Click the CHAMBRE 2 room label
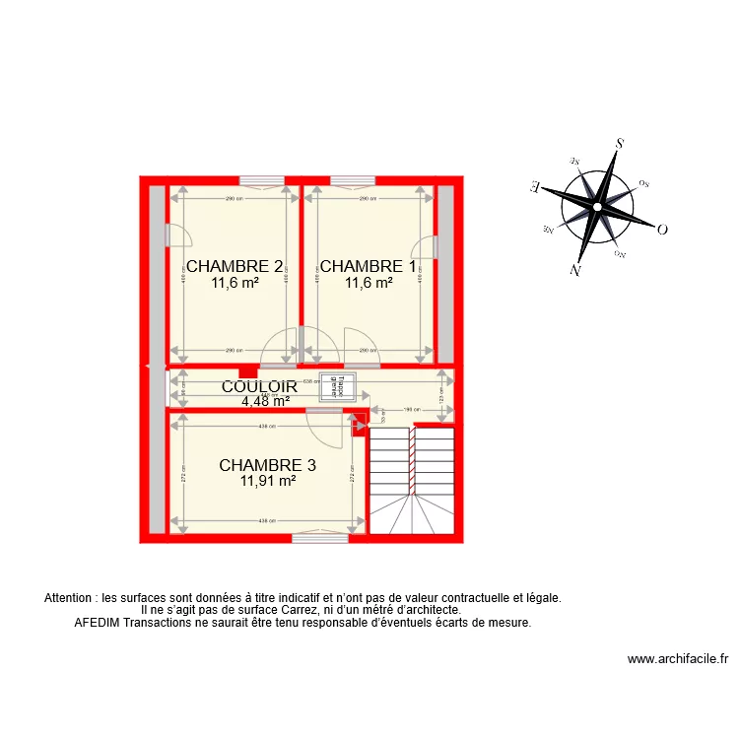[235, 266]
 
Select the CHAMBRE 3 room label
[268, 465]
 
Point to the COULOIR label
[259, 387]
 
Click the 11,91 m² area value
[268, 482]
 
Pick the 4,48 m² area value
[266, 401]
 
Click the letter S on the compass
[620, 143]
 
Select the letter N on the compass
[574, 270]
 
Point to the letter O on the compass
[662, 230]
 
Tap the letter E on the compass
[533, 185]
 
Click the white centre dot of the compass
[596, 207]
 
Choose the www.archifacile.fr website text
[677, 660]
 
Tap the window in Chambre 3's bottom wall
[319, 537]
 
